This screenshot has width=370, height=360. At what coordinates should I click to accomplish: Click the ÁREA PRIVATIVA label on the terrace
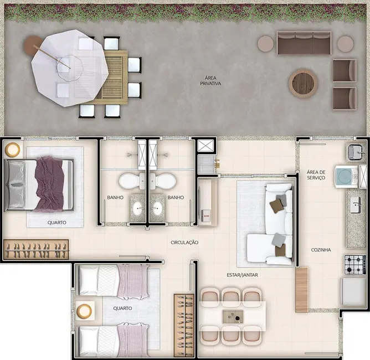211,81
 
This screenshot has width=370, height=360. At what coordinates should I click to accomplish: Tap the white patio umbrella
69,68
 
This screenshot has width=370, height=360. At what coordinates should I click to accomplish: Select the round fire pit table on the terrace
303,84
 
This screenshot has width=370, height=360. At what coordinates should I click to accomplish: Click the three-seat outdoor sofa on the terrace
304,43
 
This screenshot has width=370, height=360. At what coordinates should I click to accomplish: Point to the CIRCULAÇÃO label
184,243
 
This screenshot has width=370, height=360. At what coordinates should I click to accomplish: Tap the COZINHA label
321,250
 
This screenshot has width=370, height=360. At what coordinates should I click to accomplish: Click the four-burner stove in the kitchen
354,265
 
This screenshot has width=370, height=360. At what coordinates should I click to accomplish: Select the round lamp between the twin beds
84,311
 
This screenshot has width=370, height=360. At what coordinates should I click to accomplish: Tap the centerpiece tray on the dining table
232,316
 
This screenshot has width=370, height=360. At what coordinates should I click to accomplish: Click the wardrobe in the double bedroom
36,249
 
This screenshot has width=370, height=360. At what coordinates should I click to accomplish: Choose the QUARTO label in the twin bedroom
122,308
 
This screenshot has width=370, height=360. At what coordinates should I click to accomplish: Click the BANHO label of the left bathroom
115,197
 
